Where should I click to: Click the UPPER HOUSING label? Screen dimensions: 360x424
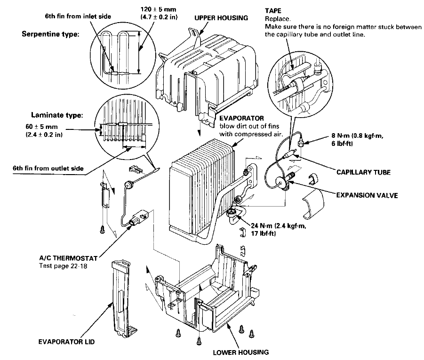pyautogui.click(x=221, y=18)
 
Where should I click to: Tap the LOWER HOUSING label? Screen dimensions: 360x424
pyautogui.click(x=240, y=352)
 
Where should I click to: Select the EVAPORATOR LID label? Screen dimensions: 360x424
pyautogui.click(x=66, y=342)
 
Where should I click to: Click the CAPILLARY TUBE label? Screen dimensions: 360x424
pyautogui.click(x=363, y=172)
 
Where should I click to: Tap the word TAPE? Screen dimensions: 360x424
pyautogui.click(x=273, y=10)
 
